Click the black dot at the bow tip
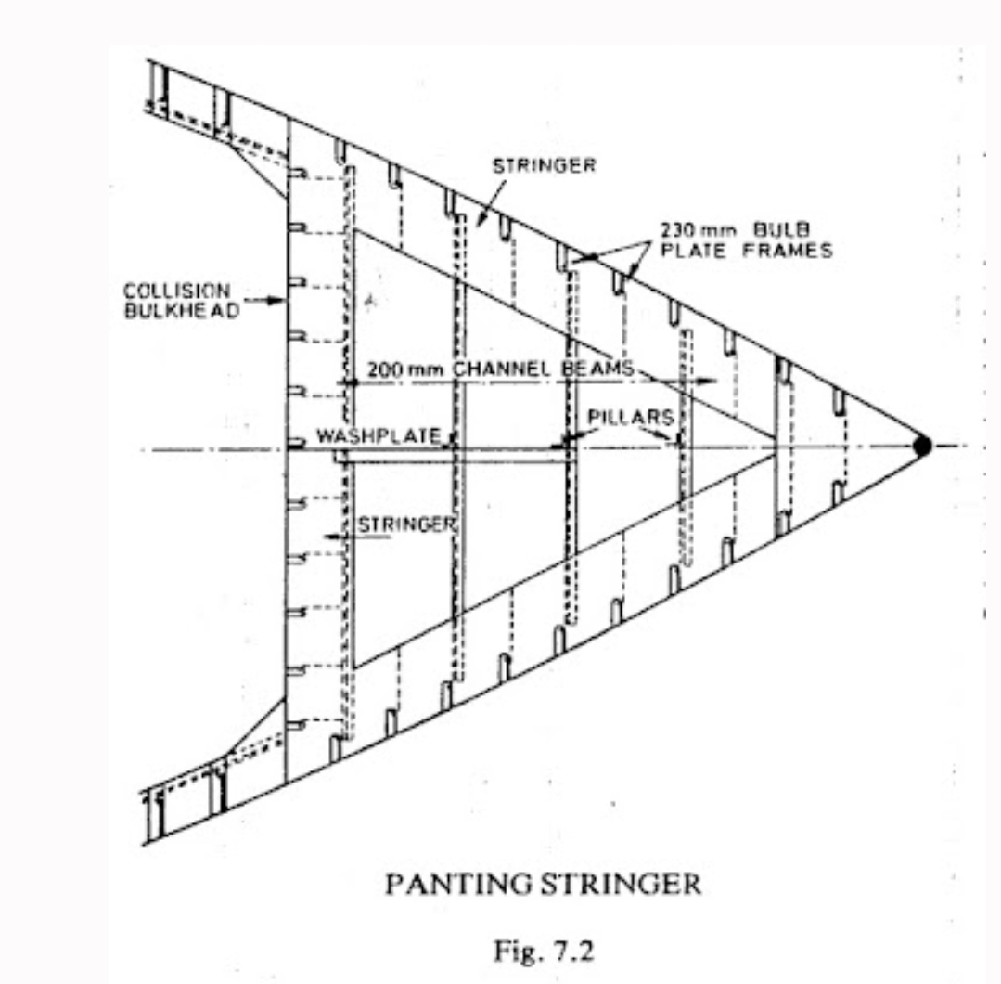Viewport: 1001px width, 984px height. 922,446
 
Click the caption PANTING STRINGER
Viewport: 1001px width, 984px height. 544,885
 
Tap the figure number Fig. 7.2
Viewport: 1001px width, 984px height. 544,951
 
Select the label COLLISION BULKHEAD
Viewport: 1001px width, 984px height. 181,301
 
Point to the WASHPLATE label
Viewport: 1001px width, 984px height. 379,436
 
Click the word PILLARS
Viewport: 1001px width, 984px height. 631,417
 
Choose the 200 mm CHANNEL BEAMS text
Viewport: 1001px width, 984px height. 500,369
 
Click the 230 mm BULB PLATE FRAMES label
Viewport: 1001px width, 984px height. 746,240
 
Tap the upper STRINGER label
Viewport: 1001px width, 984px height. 544,165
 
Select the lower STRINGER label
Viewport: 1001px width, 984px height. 406,524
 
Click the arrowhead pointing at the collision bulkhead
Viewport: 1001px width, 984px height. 277,301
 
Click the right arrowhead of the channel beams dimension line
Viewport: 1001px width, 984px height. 709,382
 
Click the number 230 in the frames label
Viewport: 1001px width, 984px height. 676,230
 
